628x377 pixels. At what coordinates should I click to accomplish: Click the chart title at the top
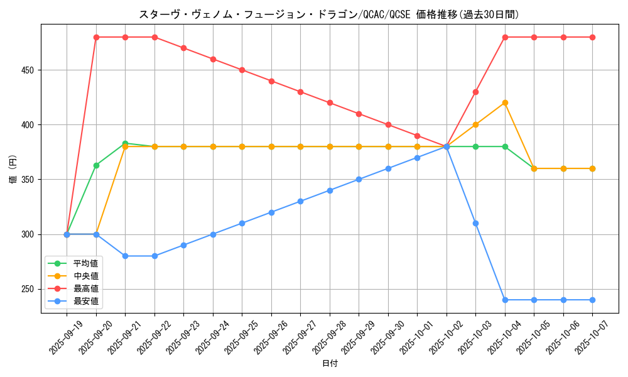pos(328,14)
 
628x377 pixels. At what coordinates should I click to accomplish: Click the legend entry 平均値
pos(86,263)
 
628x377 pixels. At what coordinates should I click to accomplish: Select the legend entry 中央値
pos(86,276)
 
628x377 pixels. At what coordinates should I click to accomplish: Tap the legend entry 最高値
pos(86,288)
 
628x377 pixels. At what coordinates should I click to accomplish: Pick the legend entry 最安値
pos(86,301)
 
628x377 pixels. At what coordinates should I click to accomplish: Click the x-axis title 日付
pos(330,364)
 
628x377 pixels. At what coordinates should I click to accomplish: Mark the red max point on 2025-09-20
pos(96,37)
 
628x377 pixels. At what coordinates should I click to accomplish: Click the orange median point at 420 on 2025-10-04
pos(505,103)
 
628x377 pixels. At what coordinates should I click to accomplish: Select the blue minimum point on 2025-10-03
pos(475,223)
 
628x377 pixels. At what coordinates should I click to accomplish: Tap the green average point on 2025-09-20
pos(96,165)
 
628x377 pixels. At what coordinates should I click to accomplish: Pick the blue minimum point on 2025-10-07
pos(592,300)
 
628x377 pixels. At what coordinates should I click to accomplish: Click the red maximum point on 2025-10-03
pos(475,92)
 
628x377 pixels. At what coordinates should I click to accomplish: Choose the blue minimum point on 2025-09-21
pos(125,256)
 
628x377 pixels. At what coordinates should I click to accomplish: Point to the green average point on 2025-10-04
pos(505,146)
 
